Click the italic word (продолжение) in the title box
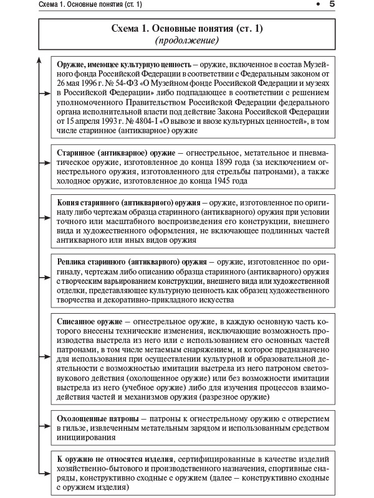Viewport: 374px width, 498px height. (x=186, y=40)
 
